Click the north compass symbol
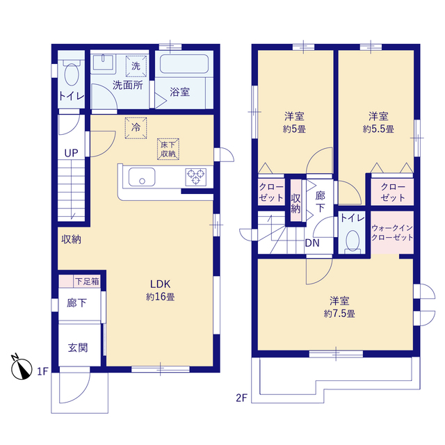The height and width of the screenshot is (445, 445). tap(22, 368)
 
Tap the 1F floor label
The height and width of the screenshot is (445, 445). tap(43, 371)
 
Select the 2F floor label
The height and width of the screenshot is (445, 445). tap(241, 398)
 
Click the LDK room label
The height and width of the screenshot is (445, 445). tap(160, 284)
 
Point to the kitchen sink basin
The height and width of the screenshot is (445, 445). tap(142, 177)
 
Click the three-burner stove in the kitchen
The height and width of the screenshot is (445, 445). tap(196, 177)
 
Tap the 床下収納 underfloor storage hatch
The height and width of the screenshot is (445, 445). tap(168, 149)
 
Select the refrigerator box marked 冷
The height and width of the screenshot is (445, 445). tap(136, 128)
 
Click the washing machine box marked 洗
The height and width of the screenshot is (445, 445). tap(136, 66)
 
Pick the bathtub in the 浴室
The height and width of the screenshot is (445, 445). tap(184, 64)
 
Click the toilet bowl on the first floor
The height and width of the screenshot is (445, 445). tap(72, 74)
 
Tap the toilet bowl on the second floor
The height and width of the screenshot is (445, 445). tap(353, 241)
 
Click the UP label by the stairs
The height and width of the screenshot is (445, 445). tap(71, 153)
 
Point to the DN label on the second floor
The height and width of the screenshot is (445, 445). tap(312, 243)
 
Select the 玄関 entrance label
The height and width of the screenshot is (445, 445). tap(78, 348)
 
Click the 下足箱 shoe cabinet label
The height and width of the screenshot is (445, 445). tap(87, 281)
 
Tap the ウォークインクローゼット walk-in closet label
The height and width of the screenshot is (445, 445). tap(392, 232)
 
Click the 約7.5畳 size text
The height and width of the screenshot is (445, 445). tap(339, 314)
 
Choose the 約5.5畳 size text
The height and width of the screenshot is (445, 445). tap(378, 129)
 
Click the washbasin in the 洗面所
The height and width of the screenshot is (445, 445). tap(103, 63)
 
